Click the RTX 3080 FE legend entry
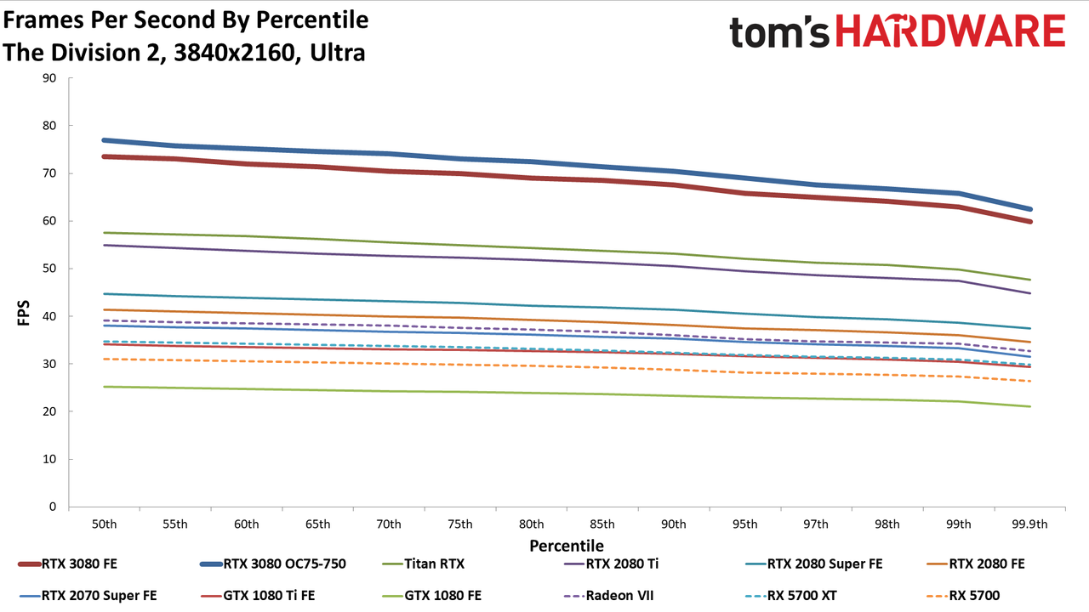pos(67,564)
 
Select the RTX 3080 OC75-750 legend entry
pos(273,564)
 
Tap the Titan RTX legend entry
pos(424,564)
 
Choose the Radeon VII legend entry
pos(608,596)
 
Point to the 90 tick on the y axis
pos(49,78)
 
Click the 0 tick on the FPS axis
pos(53,507)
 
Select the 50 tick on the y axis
pos(49,269)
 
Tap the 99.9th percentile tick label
pos(1029,524)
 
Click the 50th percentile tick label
pos(105,524)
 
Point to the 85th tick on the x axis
pos(602,524)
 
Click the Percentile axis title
pos(567,546)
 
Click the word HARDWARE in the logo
pos(950,31)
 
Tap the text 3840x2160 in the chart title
pos(234,53)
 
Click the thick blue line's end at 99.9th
pos(1029,209)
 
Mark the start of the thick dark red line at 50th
pos(104,157)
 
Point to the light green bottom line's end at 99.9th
pos(1029,406)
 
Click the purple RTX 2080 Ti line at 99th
pos(959,280)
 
